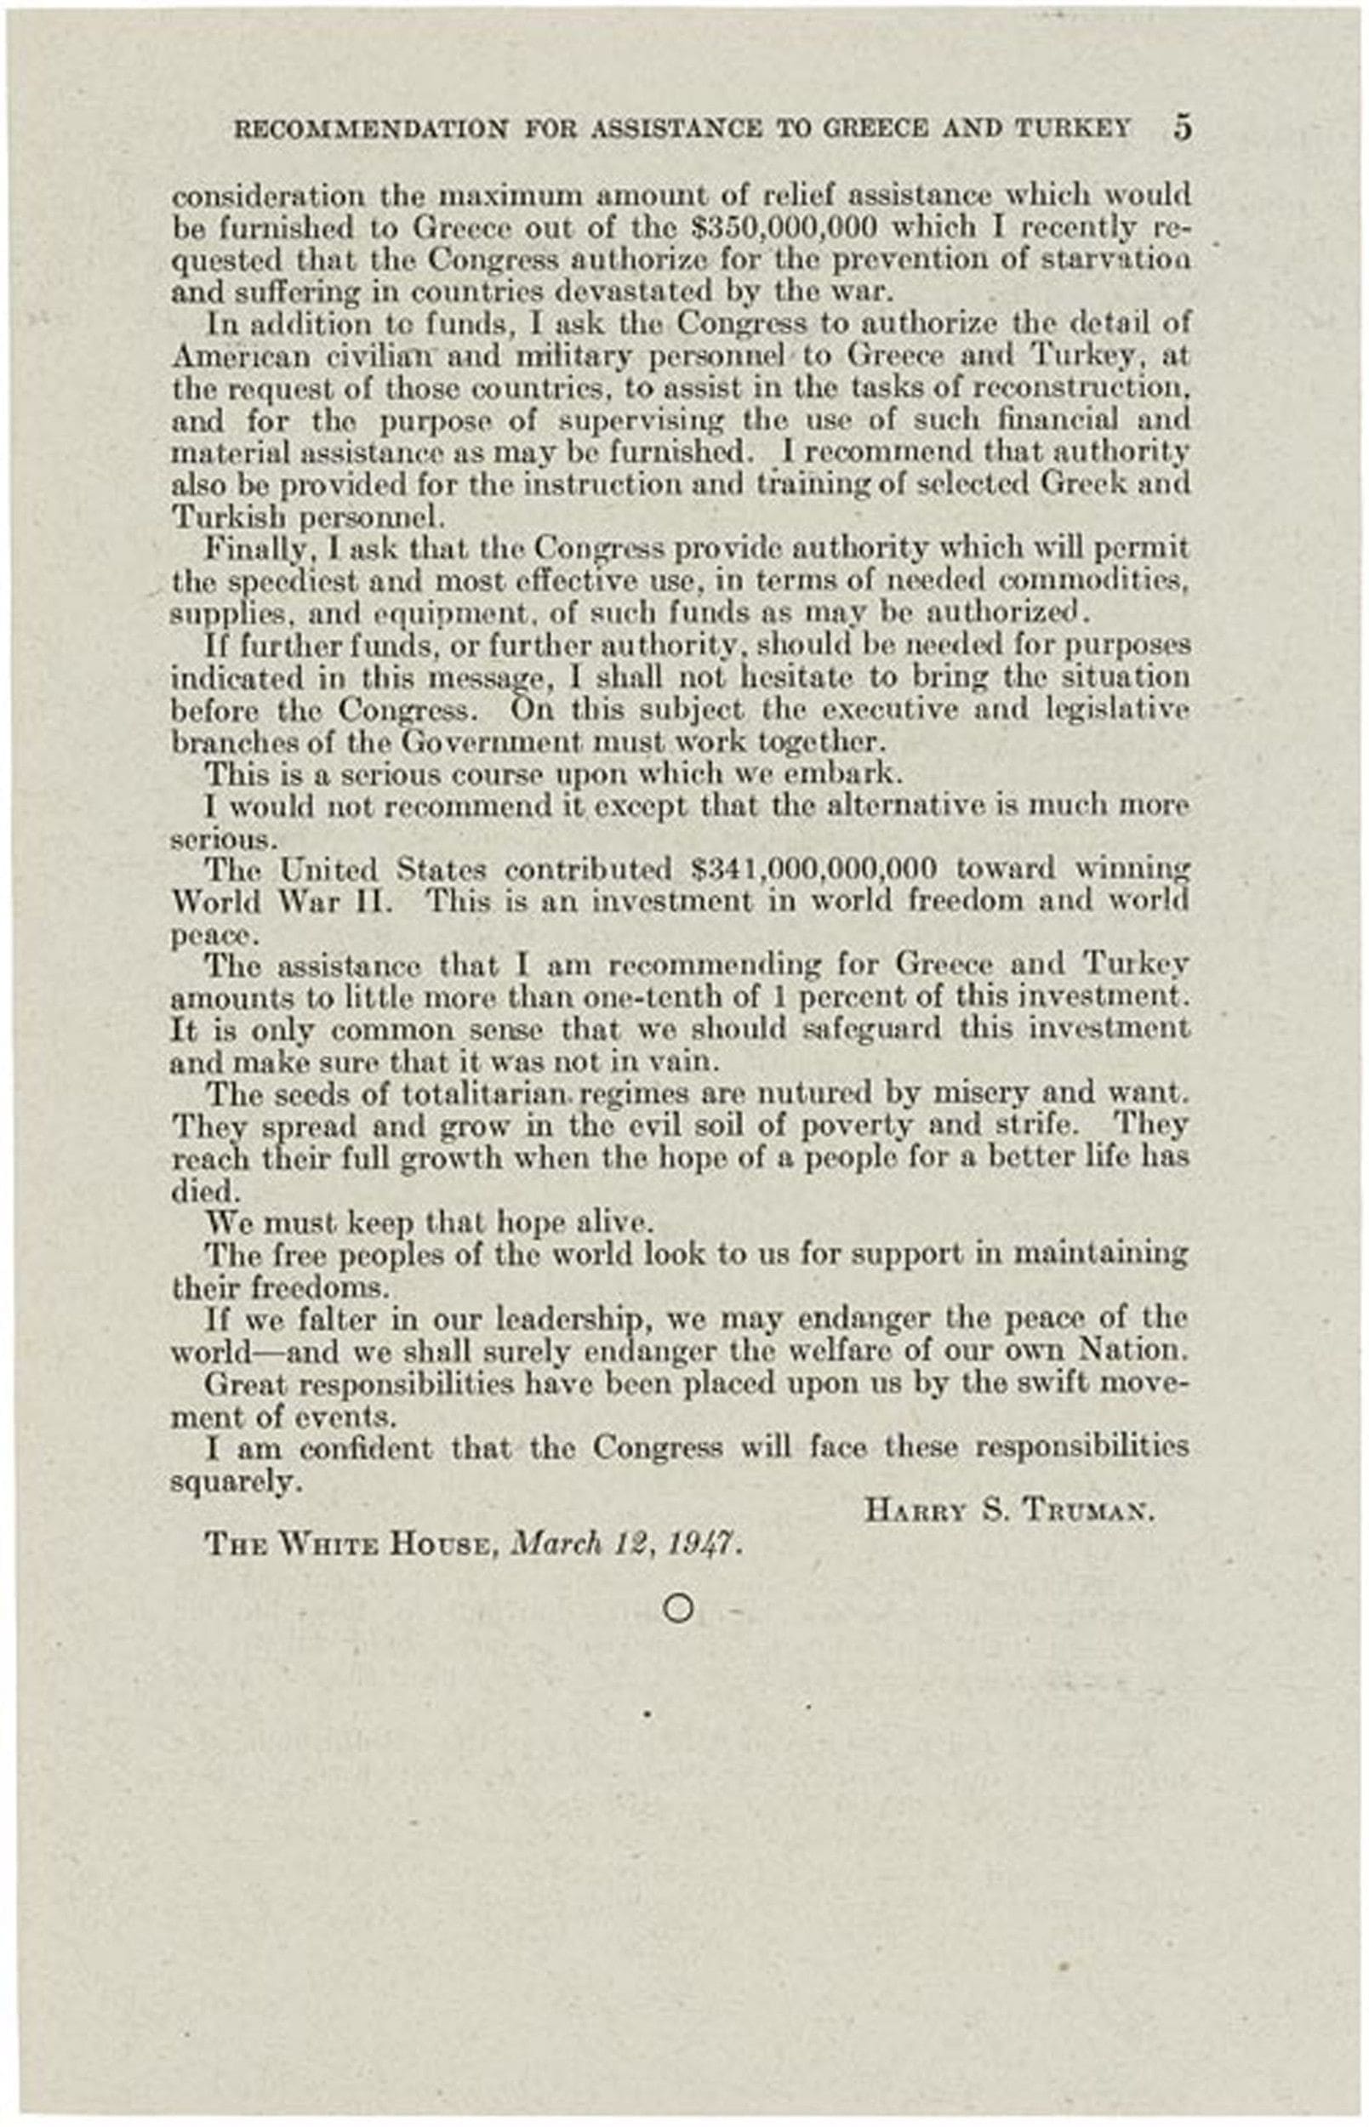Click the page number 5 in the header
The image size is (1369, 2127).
1182,128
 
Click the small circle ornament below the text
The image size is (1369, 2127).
677,1610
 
